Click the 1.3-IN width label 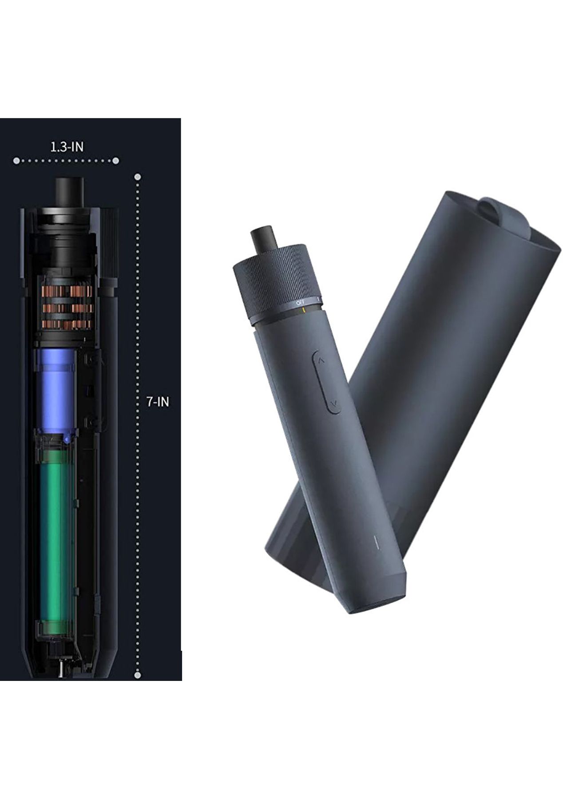click(x=66, y=147)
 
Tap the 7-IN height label click(x=158, y=402)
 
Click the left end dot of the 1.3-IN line click(x=16, y=161)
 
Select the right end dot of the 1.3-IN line click(x=115, y=161)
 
